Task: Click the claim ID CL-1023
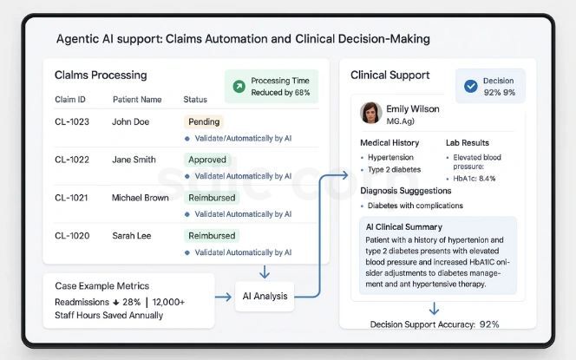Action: [72, 122]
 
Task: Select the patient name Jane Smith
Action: [134, 160]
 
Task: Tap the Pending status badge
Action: [204, 122]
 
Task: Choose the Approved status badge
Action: [207, 160]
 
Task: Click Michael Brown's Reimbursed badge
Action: [212, 198]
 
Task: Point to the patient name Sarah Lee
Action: [131, 235]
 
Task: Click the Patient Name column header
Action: [137, 100]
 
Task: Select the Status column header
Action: [195, 100]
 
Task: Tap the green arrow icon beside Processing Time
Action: [239, 86]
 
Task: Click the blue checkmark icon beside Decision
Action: [471, 86]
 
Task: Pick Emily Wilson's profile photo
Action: [371, 113]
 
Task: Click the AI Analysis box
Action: [265, 297]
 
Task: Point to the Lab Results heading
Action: [468, 143]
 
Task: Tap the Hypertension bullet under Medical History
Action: [393, 158]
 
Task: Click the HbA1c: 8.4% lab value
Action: [475, 178]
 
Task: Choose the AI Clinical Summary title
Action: [403, 227]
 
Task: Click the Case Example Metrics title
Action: [101, 286]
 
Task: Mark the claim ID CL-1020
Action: [72, 235]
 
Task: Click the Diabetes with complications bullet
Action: [416, 206]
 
